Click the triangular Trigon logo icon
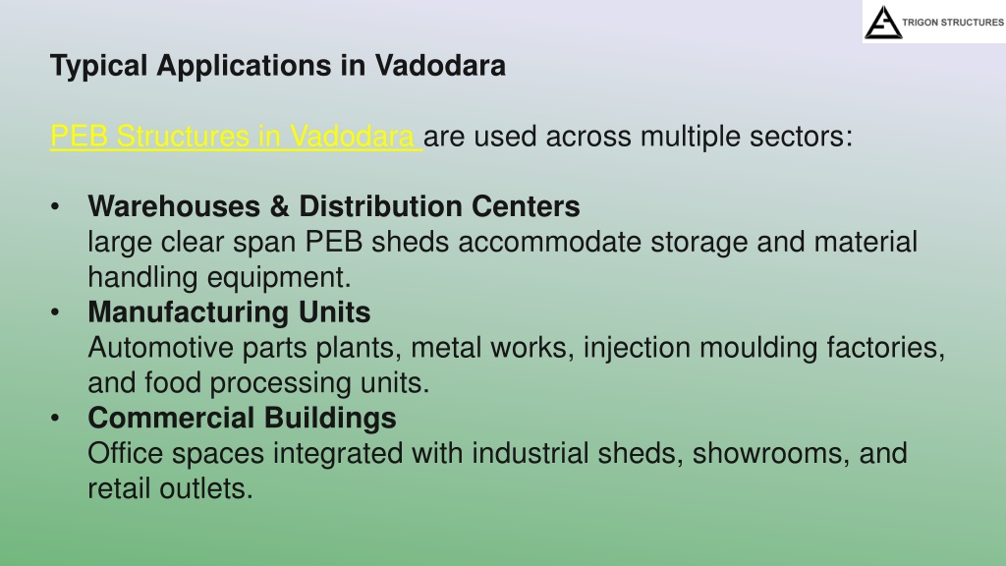883,23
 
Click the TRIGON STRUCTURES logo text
953,23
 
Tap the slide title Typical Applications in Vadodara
278,66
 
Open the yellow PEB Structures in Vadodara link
236,136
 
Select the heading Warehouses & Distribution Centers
334,206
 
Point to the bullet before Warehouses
55,206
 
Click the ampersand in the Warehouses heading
279,206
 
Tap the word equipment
279,278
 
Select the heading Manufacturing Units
229,311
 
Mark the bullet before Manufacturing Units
55,312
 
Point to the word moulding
758,348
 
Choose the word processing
280,383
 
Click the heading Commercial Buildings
242,418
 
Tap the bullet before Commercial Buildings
55,419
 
